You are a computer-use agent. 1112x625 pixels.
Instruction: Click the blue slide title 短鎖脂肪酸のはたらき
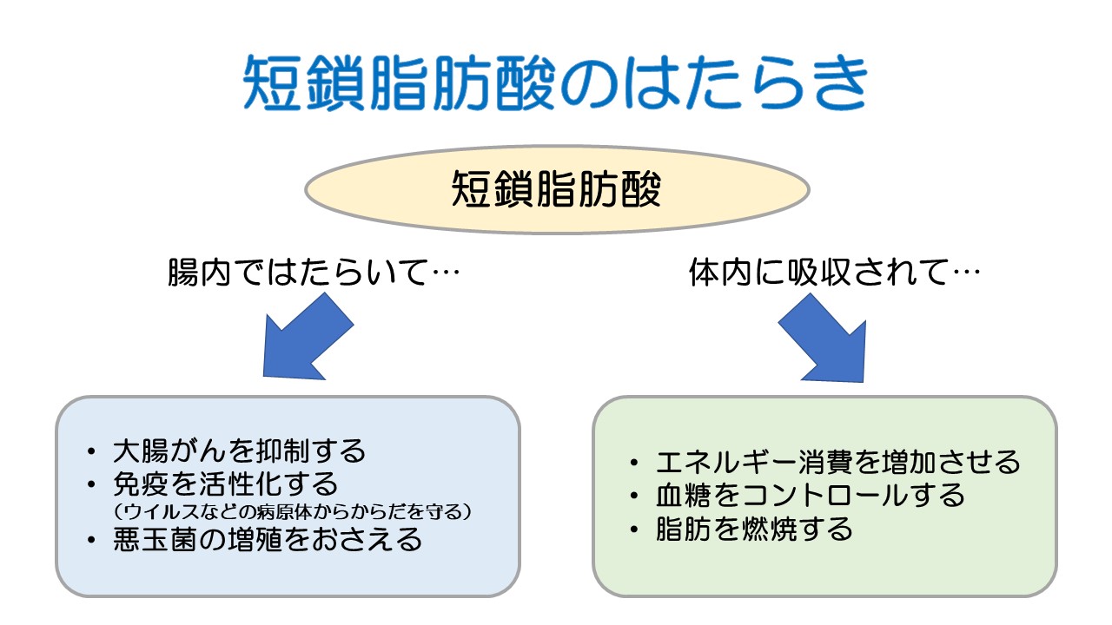click(556, 84)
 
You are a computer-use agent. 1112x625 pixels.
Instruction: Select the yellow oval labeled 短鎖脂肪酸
click(556, 189)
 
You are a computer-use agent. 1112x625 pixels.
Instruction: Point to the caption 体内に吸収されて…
click(834, 274)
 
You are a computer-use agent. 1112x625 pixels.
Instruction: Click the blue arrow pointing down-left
click(304, 339)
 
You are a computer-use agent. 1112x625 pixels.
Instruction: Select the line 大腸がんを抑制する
click(240, 451)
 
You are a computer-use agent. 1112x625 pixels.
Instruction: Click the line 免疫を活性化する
click(225, 482)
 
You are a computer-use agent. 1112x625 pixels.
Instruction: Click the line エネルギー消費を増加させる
click(838, 462)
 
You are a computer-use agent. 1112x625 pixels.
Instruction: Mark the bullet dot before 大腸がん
click(93, 452)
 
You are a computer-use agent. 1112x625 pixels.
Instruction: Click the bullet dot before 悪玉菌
click(93, 540)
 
